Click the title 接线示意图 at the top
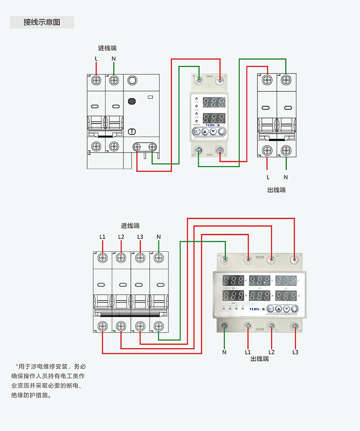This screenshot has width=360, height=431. coord(42,22)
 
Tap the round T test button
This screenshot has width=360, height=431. coord(132,132)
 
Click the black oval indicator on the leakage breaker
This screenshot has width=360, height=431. coord(132,101)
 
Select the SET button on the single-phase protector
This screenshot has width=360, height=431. coord(196,132)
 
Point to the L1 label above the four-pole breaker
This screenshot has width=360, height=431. coord(103,237)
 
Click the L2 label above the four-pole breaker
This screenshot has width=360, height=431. coord(121,237)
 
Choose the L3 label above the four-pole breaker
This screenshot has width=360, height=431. coord(140,237)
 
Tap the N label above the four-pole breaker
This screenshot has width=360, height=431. coord(158,237)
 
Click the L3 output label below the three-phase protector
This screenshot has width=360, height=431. coord(295,352)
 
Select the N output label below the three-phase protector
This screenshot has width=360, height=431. coord(224,352)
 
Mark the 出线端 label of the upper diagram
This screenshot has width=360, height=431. coord(276,190)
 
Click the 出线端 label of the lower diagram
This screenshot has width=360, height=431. coord(260,359)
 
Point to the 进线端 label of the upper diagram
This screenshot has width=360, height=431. coord(108,48)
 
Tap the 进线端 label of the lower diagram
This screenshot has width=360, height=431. coord(130,225)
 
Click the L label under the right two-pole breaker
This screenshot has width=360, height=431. coord(268,177)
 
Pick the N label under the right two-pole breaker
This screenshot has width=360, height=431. coord(286,177)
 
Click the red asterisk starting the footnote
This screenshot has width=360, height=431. coord(17,365)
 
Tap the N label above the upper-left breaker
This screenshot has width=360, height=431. coord(113,59)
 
